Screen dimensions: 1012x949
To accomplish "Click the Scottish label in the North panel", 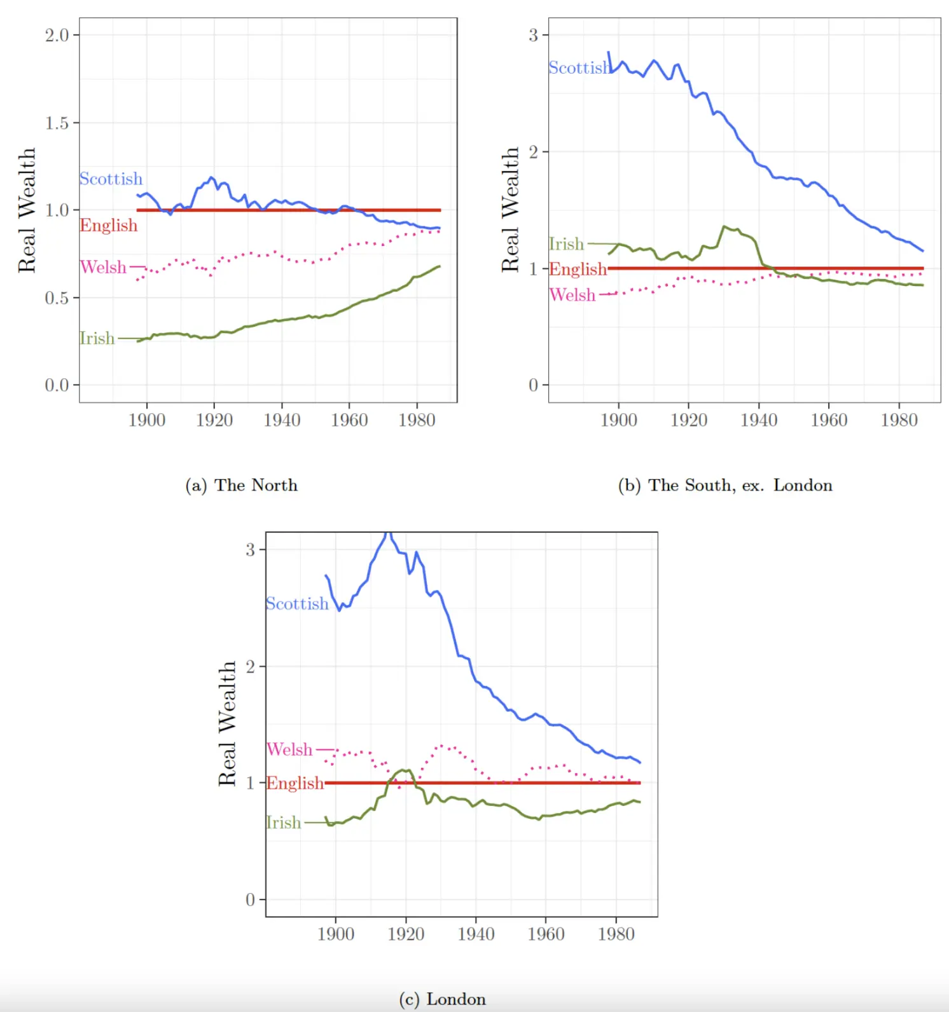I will coord(111,179).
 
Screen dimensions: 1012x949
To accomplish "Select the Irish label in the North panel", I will coord(97,338).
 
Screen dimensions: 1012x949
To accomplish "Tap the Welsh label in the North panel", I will coord(103,267).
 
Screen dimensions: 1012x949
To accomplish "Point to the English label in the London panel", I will coord(294,783).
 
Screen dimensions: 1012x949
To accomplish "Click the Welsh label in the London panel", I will coord(289,749).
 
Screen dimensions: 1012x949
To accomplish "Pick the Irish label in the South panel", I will coord(566,244).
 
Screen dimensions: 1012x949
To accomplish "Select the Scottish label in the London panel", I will coord(297,603).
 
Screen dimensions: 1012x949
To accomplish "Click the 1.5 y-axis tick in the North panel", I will coord(57,123).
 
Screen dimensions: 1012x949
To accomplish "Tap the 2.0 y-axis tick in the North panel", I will coord(57,35).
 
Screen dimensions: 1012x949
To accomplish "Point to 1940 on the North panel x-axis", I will coord(282,420).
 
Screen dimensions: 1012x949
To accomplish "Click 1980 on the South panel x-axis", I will coord(899,420).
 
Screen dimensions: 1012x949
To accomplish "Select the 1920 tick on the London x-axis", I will coord(406,934).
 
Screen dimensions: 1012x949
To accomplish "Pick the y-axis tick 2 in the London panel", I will coord(251,666).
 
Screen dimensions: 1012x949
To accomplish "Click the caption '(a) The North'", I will coord(241,485).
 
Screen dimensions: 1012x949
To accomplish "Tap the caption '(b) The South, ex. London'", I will coord(725,485).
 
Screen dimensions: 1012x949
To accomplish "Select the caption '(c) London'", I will coord(442,999).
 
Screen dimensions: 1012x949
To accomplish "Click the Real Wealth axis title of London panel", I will coord(227,723).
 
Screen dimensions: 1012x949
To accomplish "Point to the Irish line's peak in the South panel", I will coord(724,226).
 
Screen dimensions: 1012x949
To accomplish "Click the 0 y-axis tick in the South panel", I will coord(533,385).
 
